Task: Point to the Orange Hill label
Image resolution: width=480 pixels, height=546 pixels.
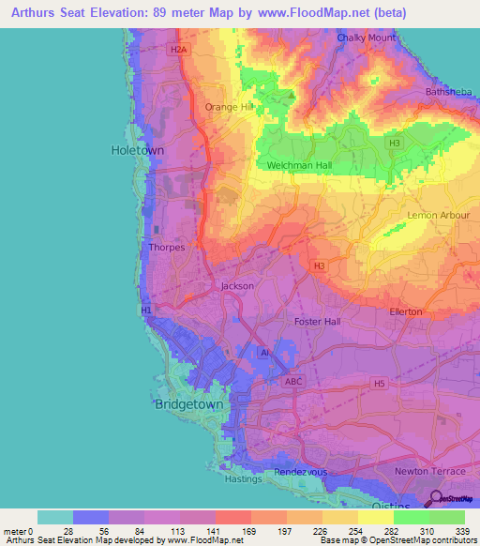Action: pos(230,107)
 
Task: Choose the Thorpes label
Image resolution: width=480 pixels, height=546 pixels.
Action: pos(167,248)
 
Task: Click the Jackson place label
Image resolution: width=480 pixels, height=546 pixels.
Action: pos(237,286)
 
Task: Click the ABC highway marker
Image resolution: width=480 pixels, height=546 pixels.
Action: pos(292,382)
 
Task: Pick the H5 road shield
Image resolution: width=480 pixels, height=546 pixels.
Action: pos(379,383)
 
